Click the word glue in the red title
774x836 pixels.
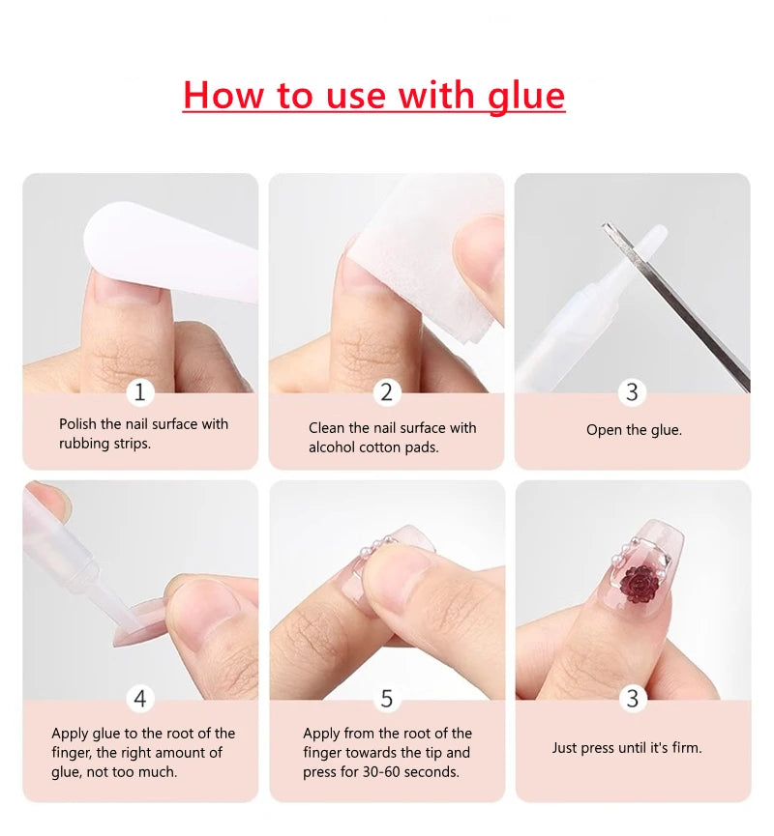pos(526,96)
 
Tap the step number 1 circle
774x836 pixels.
pos(140,391)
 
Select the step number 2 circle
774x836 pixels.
pos(386,391)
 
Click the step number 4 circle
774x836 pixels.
pos(140,698)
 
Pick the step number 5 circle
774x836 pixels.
pos(386,698)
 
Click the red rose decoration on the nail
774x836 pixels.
pos(640,582)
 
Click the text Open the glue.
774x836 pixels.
pos(634,430)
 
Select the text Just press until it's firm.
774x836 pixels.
pos(627,747)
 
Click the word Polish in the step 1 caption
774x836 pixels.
pos(78,423)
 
